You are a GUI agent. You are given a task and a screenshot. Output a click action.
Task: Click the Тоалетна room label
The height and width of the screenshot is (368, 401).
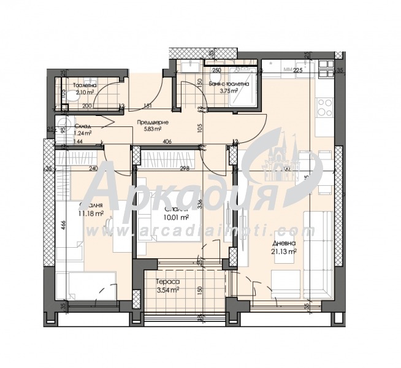pyautogui.click(x=85, y=85)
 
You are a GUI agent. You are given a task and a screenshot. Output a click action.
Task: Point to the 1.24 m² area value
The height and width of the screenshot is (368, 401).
pyautogui.click(x=82, y=132)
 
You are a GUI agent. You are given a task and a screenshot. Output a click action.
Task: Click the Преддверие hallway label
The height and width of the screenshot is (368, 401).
pyautogui.click(x=149, y=122)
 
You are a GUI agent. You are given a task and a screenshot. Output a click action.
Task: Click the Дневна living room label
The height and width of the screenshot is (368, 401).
pyautogui.click(x=284, y=243)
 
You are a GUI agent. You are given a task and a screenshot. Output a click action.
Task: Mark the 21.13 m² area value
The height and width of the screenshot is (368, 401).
pyautogui.click(x=284, y=251)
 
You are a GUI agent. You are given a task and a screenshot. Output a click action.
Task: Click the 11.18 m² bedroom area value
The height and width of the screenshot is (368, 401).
pyautogui.click(x=91, y=213)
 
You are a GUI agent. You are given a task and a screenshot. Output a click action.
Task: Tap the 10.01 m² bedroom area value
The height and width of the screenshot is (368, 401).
pyautogui.click(x=176, y=217)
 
